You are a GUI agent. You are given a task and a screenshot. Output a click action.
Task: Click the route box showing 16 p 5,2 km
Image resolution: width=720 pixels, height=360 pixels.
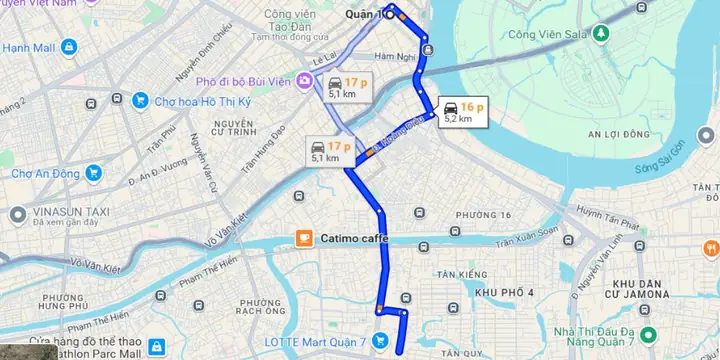click(x=462, y=111)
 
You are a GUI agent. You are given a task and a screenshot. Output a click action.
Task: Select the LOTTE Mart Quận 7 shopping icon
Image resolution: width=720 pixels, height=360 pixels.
click(x=380, y=340)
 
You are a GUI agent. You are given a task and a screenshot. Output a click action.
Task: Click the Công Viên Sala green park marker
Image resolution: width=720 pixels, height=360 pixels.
click(x=599, y=34)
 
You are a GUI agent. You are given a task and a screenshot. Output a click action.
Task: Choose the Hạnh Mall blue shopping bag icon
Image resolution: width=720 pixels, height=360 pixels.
click(x=67, y=46)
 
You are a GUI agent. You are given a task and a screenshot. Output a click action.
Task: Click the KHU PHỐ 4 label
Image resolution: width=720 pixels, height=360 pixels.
click(x=504, y=292)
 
